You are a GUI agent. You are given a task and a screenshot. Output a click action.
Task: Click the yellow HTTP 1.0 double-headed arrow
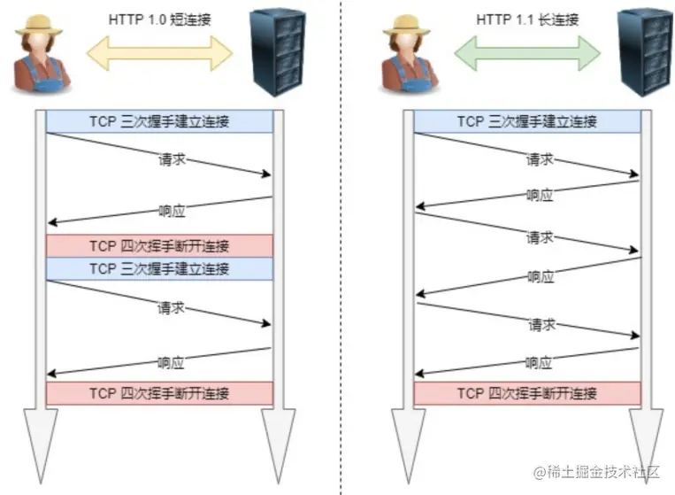(159, 51)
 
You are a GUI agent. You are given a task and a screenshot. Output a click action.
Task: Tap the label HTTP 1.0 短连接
(159, 19)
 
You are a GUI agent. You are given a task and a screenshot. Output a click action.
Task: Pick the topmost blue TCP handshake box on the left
(159, 121)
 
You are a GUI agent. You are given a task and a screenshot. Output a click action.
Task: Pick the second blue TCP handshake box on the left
(159, 268)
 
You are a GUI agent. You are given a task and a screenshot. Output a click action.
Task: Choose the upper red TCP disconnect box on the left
(159, 245)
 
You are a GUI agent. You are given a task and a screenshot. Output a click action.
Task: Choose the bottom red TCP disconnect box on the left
(159, 393)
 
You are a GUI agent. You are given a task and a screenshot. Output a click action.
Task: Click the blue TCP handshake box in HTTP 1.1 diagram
(527, 121)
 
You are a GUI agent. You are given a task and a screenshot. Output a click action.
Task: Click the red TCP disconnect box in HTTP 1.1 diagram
(527, 393)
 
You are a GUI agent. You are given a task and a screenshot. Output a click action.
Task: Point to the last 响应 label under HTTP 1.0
(171, 361)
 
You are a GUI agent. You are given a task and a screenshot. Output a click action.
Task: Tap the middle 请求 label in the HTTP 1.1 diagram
(541, 237)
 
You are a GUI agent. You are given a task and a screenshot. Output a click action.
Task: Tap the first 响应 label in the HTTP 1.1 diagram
(540, 196)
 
